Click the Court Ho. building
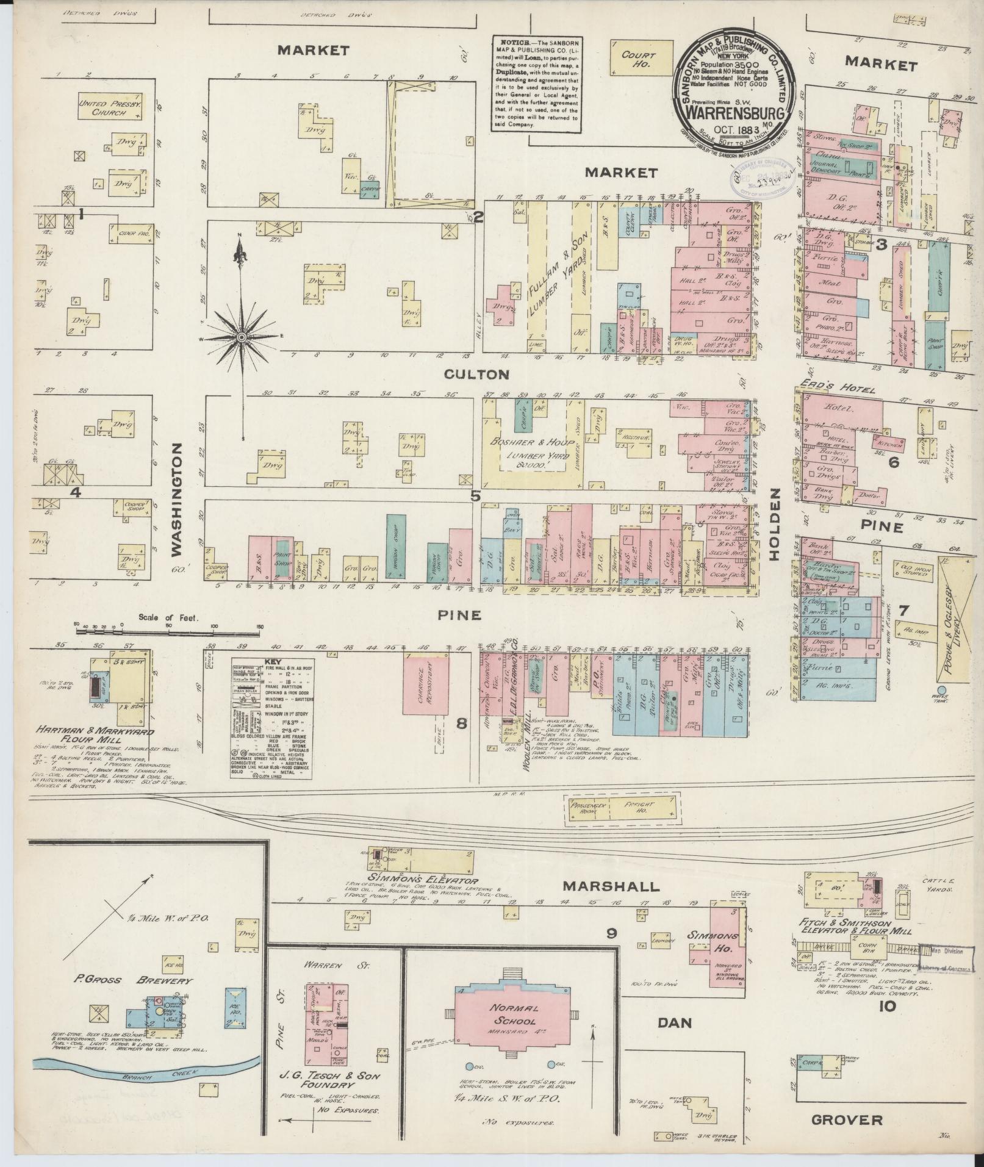(638, 59)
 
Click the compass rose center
(242, 337)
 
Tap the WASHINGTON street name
(176, 500)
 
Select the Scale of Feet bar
(168, 630)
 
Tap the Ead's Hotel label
(835, 390)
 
